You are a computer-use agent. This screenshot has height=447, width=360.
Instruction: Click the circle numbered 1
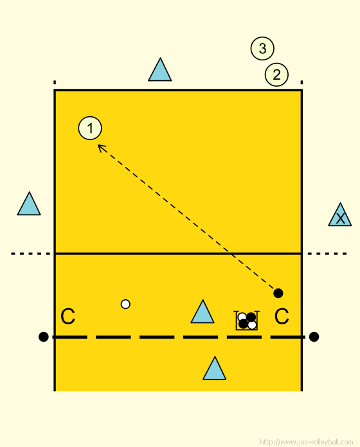pos(90,128)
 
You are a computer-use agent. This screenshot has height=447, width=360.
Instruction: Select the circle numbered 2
pos(276,74)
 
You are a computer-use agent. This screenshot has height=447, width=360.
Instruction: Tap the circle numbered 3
pos(262,48)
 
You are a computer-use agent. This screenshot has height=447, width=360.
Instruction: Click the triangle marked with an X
pos(339,215)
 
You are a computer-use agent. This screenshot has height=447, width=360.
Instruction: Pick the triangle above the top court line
pos(159,70)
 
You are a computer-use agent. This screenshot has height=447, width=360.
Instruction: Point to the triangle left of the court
pos(29,204)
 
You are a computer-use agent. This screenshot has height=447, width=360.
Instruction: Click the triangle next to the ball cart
pos(203,312)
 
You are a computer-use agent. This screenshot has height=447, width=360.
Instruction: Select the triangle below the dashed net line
pos(214,369)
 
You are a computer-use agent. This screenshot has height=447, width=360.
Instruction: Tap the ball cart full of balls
pos(247,320)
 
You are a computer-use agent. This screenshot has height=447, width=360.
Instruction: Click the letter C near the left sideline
pos(68,316)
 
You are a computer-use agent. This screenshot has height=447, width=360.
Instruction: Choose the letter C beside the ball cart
pos(282,316)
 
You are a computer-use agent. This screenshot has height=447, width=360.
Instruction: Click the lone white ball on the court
pos(125,304)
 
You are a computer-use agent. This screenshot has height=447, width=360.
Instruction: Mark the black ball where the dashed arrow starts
pos(278,293)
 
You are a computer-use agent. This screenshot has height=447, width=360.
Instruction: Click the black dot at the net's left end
pos(43,337)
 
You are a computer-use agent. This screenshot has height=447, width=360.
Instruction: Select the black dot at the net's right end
pos(314,337)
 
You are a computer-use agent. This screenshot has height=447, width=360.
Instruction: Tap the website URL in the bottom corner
pos(306,442)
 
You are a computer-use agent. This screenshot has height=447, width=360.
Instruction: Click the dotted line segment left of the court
pos(31,254)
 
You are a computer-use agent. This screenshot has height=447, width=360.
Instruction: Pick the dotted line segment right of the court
pos(327,254)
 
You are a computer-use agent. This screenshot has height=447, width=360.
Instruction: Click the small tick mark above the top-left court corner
pos(55,83)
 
